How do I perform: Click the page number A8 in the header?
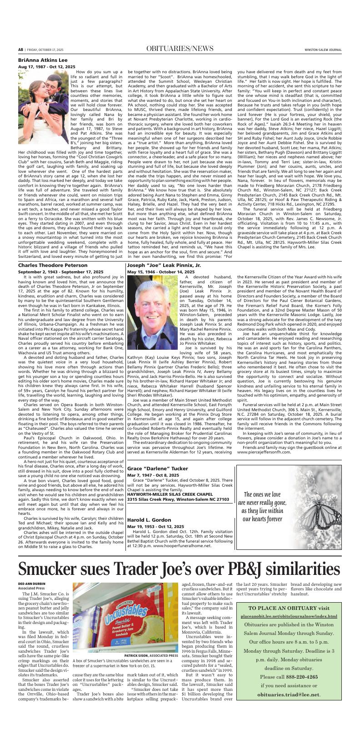coord(20,49)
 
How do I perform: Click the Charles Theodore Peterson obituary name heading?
coord(53,265)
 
